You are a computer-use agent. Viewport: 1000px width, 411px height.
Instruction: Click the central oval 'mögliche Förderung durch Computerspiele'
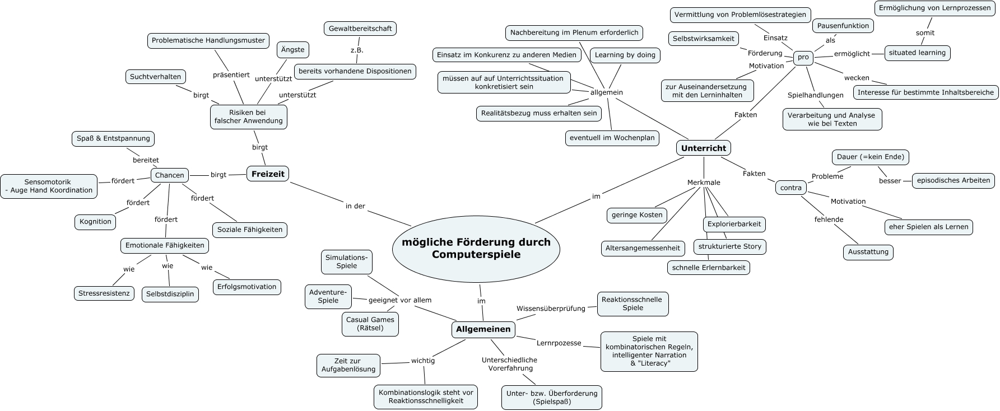pos(476,248)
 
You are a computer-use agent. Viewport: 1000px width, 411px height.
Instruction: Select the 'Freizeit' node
pos(268,174)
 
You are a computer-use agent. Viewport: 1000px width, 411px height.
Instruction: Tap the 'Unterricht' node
pos(703,148)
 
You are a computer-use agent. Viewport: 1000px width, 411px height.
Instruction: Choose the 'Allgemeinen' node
pos(483,329)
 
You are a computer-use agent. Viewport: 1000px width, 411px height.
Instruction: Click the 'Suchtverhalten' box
pos(155,77)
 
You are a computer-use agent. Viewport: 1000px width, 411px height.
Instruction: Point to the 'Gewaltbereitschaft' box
pos(360,28)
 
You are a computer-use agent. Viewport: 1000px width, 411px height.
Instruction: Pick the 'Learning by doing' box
pos(625,55)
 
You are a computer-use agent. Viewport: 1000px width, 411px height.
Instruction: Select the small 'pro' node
pos(803,57)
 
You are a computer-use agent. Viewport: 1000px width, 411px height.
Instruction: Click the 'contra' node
pos(790,188)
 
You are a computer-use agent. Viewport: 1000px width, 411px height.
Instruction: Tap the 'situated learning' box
pos(917,53)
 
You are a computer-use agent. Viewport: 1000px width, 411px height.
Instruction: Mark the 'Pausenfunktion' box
pos(843,26)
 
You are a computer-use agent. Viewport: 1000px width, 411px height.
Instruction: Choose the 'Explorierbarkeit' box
pos(734,224)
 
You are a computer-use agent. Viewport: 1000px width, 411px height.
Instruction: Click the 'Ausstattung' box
pos(868,252)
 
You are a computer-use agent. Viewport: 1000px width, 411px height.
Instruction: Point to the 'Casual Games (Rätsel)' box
pos(370,324)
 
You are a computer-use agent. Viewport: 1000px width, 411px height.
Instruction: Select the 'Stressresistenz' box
pos(104,293)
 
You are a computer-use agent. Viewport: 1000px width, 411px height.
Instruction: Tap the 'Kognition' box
pos(95,222)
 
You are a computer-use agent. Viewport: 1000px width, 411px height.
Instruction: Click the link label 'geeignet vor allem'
pos(400,300)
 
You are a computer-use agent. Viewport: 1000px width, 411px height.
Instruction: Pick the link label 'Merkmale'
pos(704,183)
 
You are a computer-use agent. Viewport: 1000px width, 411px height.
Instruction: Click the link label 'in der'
pos(355,206)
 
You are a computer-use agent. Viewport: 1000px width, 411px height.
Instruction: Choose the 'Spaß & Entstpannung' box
pos(113,138)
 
